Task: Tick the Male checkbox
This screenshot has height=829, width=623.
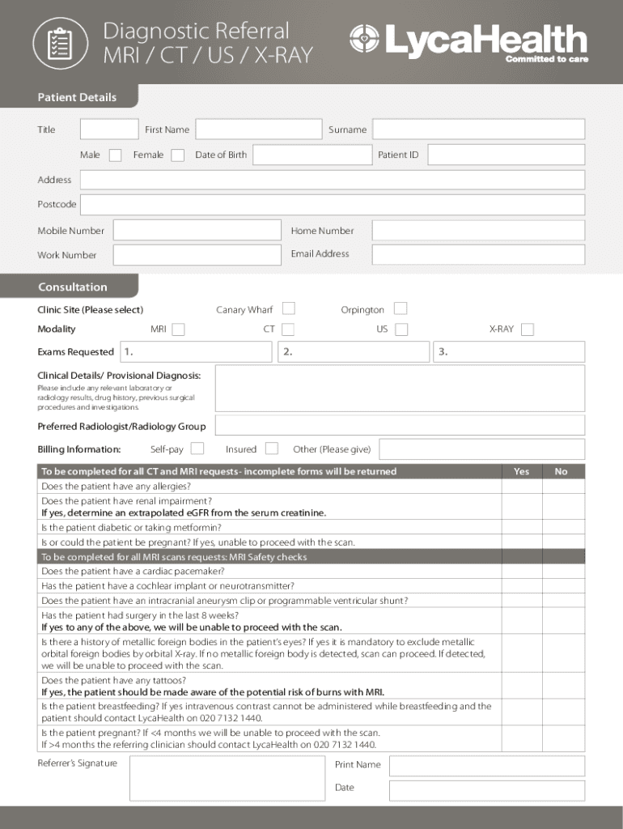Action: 116,155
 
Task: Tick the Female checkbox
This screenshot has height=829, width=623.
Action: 177,155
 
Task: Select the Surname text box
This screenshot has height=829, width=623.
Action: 478,130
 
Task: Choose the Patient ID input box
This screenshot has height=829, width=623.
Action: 506,155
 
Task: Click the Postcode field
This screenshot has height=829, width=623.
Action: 332,205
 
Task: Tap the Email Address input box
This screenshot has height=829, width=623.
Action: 478,254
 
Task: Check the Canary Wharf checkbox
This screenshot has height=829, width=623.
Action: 288,308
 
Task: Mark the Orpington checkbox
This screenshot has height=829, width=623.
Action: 400,308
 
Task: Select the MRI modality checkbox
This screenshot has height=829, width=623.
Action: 178,329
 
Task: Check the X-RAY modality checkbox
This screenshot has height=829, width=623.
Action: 528,329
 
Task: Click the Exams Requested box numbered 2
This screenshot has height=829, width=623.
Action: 353,351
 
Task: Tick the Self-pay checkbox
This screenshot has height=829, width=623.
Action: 197,449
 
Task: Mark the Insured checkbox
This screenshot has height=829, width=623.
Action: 272,449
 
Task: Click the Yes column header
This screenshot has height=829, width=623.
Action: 522,471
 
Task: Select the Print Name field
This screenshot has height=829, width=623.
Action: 485,765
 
